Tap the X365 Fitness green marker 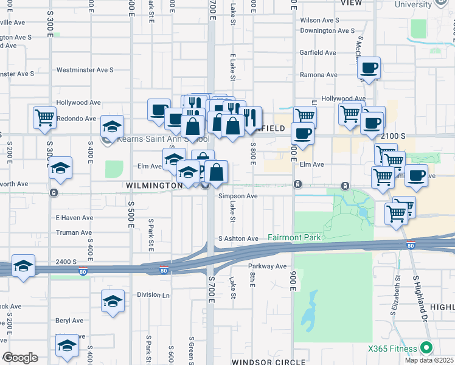click(426, 349)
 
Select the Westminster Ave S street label click(85, 70)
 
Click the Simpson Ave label click(238, 196)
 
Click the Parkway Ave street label click(267, 266)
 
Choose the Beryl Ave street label click(69, 321)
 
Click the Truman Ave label click(74, 232)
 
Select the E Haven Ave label click(74, 217)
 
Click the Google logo click(20, 358)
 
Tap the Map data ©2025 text click(429, 360)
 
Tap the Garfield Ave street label click(318, 53)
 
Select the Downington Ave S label click(327, 30)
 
